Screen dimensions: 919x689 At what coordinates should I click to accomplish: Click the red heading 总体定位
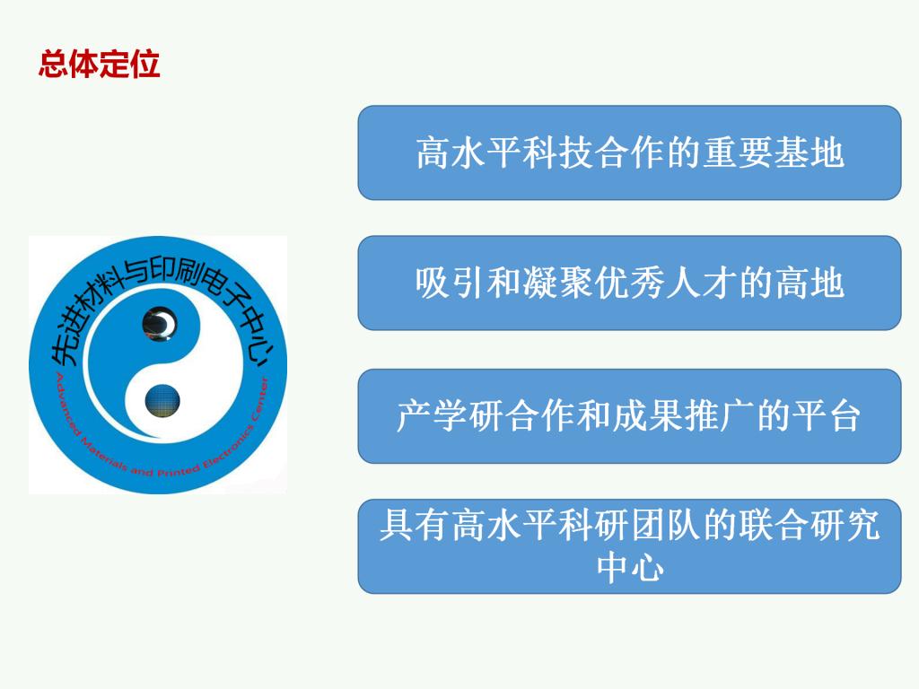tap(99, 64)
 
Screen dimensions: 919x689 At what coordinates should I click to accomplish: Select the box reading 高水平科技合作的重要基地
tap(629, 153)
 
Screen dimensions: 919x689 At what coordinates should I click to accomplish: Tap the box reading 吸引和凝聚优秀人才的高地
tap(629, 283)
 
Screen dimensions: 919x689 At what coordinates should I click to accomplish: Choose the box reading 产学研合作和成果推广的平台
tap(629, 416)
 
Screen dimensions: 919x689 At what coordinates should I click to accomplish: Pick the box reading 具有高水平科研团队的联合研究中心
tap(629, 546)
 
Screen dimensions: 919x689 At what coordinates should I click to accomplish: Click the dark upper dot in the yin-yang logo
tap(160, 324)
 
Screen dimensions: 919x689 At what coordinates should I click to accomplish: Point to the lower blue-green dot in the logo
tap(162, 401)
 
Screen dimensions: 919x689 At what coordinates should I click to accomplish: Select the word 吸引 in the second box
tap(451, 283)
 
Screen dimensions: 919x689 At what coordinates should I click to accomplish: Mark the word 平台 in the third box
tap(827, 416)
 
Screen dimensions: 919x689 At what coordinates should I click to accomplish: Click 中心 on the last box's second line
tap(629, 567)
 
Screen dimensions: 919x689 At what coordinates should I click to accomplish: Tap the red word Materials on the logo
tap(102, 456)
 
